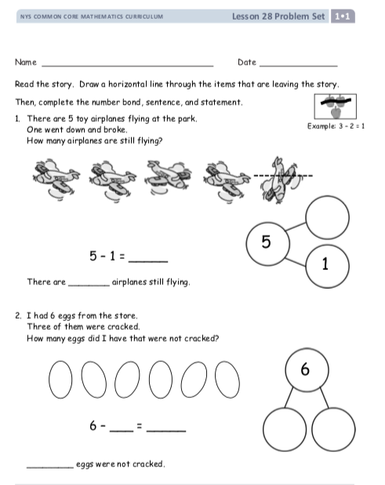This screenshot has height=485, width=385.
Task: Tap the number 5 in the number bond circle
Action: (266, 242)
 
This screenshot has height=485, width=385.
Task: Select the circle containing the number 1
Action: (328, 266)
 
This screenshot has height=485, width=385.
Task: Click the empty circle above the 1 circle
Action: (328, 217)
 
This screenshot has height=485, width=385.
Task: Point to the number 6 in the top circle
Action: (305, 369)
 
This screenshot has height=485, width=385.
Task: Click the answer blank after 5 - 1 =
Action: (148, 261)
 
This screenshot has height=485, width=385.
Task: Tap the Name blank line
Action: (128, 66)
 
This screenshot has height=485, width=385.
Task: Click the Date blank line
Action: (299, 66)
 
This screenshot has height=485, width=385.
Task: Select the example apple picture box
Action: (336, 107)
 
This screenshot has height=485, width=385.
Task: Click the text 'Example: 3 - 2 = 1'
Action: (336, 126)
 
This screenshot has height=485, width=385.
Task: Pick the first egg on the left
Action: (60, 380)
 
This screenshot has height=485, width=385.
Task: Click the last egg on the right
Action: (227, 380)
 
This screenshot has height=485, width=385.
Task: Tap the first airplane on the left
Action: (56, 180)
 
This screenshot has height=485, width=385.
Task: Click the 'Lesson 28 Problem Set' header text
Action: (278, 16)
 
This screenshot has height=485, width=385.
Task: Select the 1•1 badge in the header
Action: (343, 16)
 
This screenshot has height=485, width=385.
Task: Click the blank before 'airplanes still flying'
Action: (89, 286)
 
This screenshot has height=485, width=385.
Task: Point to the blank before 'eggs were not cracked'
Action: (50, 467)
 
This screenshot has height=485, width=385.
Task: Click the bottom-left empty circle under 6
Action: (285, 429)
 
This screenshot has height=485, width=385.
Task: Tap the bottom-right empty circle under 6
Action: (333, 429)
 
